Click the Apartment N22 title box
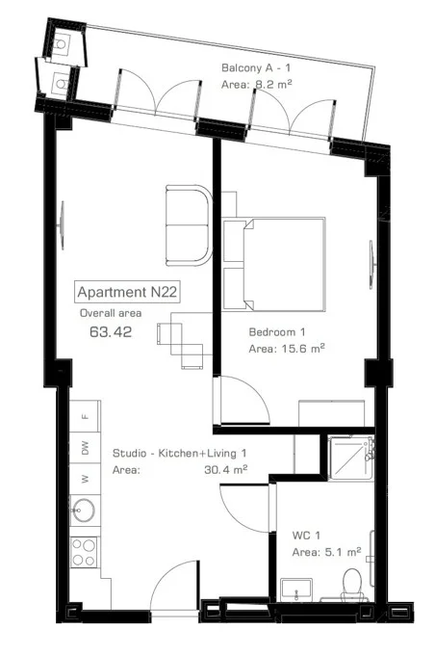point(127,292)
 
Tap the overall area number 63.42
point(111,332)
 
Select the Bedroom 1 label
point(277,332)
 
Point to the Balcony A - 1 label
point(256,67)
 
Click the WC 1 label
point(306,536)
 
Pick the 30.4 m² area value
point(225,469)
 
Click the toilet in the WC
point(353,584)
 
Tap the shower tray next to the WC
point(350,458)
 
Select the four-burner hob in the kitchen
point(84,552)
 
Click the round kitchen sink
point(84,511)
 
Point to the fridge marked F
point(85,416)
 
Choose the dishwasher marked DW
point(85,447)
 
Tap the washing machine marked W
point(85,479)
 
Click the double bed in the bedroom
point(274,264)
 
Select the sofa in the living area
point(189,225)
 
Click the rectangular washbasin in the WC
point(296,589)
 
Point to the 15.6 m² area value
point(299,349)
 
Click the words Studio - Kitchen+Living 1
point(179,453)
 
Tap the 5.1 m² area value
point(343,552)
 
